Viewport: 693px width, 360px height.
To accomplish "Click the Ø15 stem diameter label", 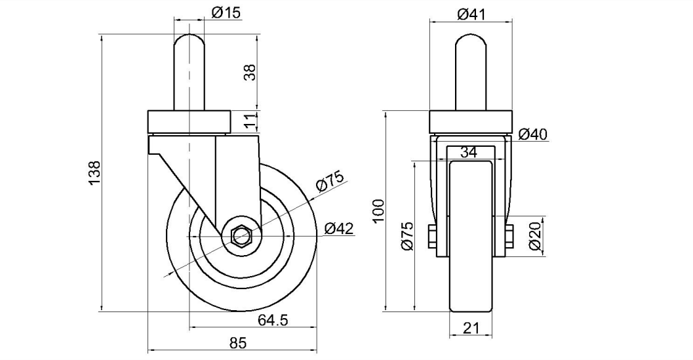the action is [226, 13].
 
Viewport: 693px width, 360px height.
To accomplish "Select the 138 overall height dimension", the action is [95, 173].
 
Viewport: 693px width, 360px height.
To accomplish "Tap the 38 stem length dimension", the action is [250, 72].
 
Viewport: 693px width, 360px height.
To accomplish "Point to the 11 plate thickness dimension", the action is [250, 121].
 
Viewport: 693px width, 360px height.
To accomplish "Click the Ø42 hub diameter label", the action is [339, 229].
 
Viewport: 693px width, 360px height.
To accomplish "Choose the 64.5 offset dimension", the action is [273, 320].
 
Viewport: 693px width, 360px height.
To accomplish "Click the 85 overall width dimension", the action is [238, 343].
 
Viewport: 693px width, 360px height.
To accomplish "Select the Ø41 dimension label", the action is [471, 14].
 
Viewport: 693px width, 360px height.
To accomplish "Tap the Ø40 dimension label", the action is [533, 134].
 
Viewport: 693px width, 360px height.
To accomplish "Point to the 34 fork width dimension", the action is [469, 152].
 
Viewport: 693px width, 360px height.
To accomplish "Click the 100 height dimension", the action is [379, 211].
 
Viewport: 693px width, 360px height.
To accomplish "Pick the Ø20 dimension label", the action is [534, 236].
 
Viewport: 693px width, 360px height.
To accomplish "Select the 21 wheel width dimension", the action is [471, 328].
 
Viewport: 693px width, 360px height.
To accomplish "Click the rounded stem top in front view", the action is [471, 41].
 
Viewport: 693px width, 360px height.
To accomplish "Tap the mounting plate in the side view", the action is [189, 122].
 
